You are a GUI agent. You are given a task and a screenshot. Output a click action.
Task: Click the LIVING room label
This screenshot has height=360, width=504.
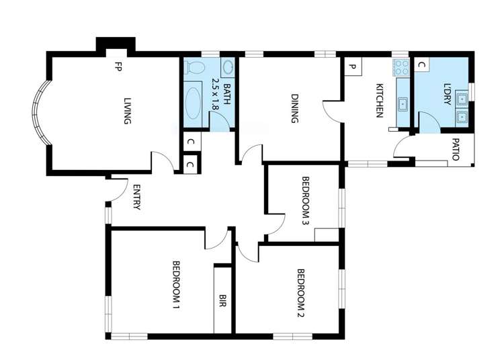click(x=127, y=111)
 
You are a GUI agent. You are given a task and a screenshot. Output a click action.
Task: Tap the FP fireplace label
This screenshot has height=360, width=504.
click(x=117, y=67)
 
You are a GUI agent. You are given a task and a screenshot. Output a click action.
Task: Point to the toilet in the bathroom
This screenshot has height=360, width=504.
click(x=196, y=68)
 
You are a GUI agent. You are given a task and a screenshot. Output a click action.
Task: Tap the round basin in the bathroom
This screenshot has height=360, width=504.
click(x=226, y=67)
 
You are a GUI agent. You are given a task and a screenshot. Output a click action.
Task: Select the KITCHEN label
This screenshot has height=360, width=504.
click(x=379, y=101)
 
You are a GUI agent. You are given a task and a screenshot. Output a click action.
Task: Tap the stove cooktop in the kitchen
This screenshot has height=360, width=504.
click(x=402, y=66)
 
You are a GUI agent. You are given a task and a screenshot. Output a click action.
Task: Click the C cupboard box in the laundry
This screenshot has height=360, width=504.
click(x=421, y=64)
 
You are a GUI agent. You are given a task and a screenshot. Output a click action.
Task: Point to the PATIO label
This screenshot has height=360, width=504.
click(x=455, y=150)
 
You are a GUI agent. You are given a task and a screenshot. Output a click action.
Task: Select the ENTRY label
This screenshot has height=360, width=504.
click(x=136, y=197)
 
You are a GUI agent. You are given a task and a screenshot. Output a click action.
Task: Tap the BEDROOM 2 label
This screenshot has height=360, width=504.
click(x=302, y=294)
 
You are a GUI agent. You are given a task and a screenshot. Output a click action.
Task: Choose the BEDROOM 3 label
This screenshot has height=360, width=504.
click(x=305, y=199)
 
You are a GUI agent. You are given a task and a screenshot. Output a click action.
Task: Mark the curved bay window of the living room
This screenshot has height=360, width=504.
click(x=38, y=114)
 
